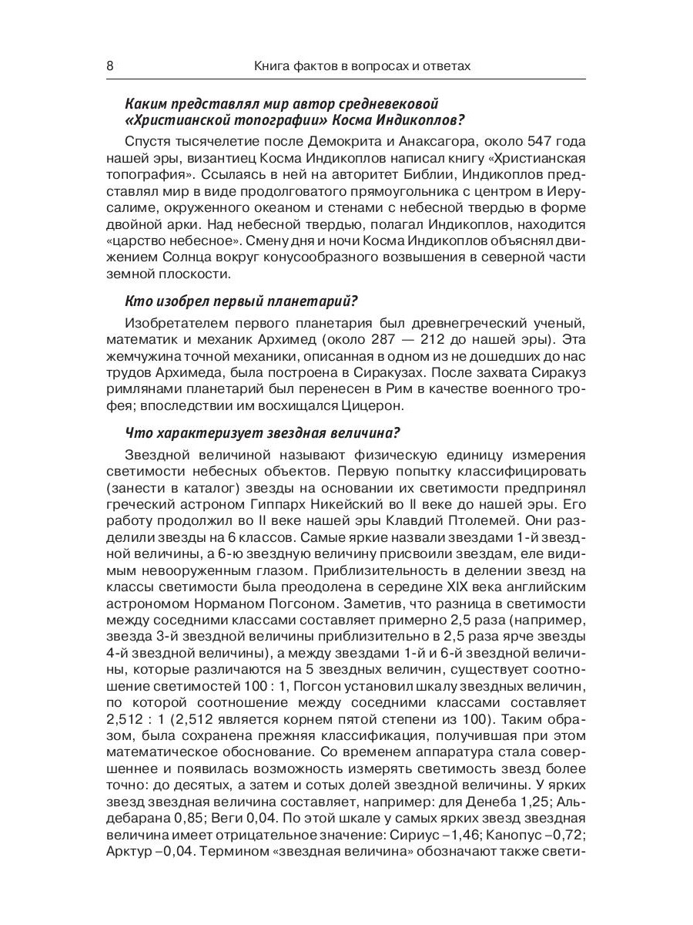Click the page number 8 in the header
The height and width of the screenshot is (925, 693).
point(109,66)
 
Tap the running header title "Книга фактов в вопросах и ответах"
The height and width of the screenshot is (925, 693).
point(362,66)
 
